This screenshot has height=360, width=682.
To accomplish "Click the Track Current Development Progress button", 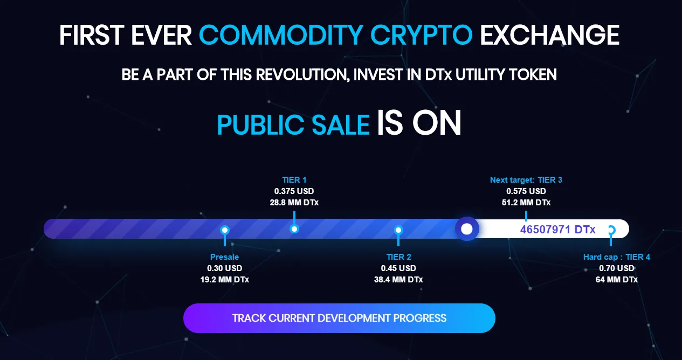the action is coord(339,318).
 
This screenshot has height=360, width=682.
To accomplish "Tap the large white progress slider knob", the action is coord(467,229).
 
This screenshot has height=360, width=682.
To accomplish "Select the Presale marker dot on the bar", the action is coord(225,230).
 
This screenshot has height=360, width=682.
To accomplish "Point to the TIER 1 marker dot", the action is coord(294,229).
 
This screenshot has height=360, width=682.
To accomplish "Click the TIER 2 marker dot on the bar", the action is coord(398,230).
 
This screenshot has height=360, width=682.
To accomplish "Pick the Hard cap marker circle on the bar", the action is coord(611,230).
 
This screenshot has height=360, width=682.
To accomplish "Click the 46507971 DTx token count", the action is coord(558,230).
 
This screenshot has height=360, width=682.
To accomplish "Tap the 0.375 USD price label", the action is coord(294,191).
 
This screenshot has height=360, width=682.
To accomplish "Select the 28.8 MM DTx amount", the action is coord(294,203).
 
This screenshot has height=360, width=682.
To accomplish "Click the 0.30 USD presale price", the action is coord(225,268).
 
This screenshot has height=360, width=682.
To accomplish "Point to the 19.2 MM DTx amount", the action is coord(225,279).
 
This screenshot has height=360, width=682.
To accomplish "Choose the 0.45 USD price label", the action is coord(398,268).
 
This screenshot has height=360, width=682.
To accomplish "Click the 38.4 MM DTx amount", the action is coord(398,279).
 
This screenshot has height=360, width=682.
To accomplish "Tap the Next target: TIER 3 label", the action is coord(526,180).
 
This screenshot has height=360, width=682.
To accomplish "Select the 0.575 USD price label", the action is coord(526,191).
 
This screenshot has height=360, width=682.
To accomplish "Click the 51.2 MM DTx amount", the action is coord(526,203).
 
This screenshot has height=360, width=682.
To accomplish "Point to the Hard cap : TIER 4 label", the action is coord(617,257).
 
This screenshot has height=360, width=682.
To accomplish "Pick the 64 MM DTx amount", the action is coord(617,279).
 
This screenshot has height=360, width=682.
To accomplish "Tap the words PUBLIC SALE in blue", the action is coord(293,125).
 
